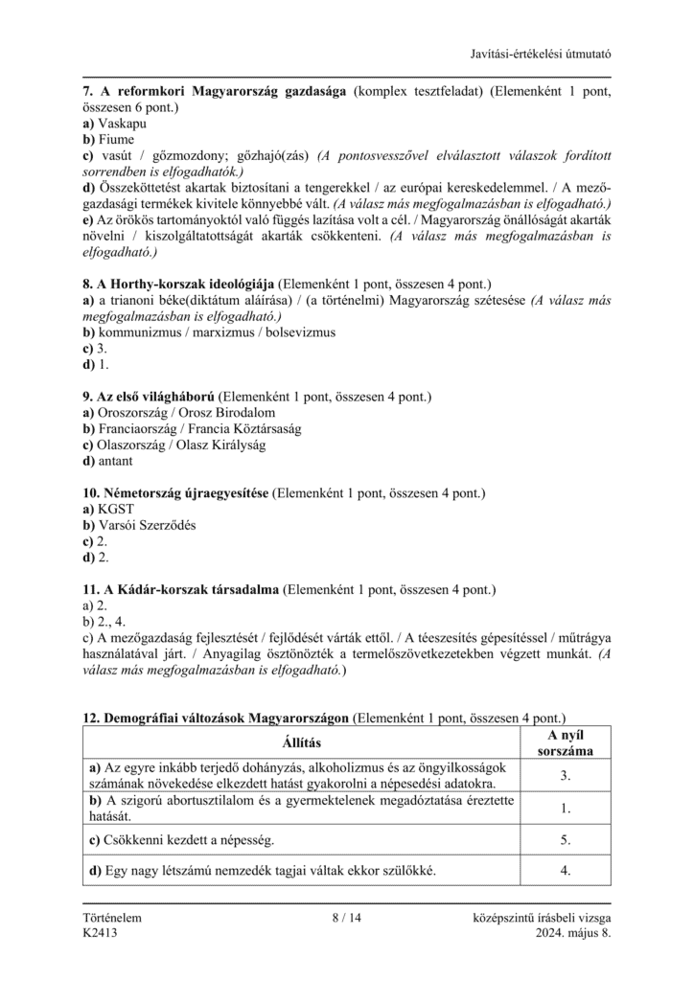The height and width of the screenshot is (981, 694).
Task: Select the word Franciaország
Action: click(x=136, y=428)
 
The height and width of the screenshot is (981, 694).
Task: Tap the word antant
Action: click(x=115, y=461)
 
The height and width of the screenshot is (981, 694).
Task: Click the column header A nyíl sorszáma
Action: click(x=566, y=742)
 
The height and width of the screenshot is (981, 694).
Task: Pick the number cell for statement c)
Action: click(x=566, y=840)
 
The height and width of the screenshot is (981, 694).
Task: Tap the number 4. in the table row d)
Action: click(x=566, y=871)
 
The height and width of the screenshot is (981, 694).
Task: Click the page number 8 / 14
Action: click(x=347, y=918)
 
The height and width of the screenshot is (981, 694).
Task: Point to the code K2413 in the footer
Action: click(x=101, y=934)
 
